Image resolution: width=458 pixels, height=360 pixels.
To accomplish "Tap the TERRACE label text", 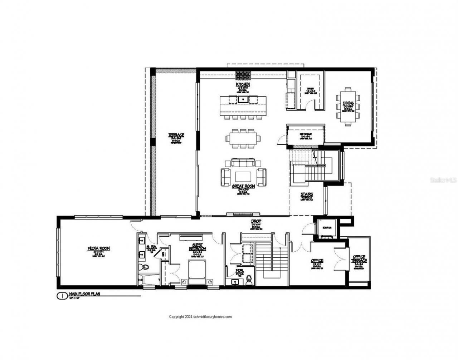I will (176, 135).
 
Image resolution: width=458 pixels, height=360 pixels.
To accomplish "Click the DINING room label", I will (349, 104).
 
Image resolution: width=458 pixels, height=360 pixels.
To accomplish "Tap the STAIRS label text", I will (307, 195).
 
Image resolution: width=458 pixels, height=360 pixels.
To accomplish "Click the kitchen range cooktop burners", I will (243, 75).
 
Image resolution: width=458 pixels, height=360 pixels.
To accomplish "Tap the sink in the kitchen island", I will (243, 99).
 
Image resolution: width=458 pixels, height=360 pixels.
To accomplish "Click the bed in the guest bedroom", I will (197, 272).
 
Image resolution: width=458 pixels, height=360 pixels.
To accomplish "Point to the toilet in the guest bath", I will (145, 267).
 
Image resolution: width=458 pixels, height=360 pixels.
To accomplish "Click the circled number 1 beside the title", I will (61, 296).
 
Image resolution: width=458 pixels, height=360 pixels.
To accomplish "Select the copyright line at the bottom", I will (200, 317).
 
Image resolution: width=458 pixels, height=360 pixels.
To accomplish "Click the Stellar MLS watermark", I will (443, 181).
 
